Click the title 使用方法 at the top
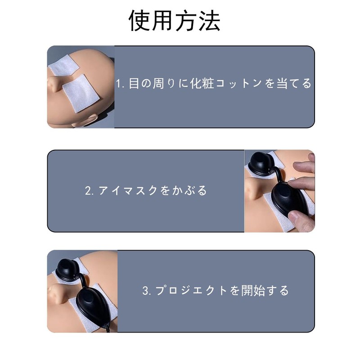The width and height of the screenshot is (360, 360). point(175,21)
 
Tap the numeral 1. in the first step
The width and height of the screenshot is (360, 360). point(120,84)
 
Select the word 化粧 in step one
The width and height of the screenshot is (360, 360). point(202,83)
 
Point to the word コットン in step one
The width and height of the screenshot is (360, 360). point(238,84)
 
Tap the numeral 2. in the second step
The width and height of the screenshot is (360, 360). point(89,190)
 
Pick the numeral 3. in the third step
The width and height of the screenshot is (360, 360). point(147,290)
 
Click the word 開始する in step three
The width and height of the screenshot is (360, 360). point(265,290)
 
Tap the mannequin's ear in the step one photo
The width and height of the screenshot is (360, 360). point(85,121)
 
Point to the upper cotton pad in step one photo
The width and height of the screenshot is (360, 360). point(63,65)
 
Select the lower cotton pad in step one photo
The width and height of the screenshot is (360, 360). point(81,93)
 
